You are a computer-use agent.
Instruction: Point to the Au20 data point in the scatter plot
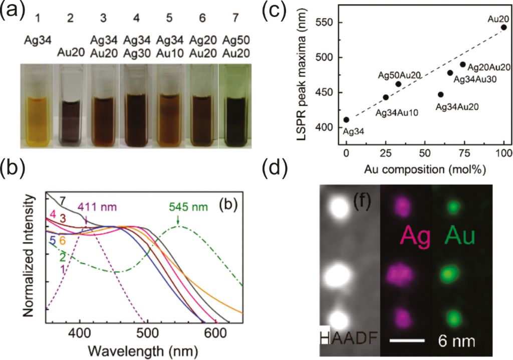click(x=503, y=27)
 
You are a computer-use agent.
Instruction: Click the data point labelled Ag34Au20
click(x=440, y=94)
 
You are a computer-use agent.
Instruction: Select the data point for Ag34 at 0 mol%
click(x=346, y=120)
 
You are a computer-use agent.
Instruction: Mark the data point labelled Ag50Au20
click(x=398, y=84)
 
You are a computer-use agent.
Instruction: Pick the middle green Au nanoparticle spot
click(x=453, y=275)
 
